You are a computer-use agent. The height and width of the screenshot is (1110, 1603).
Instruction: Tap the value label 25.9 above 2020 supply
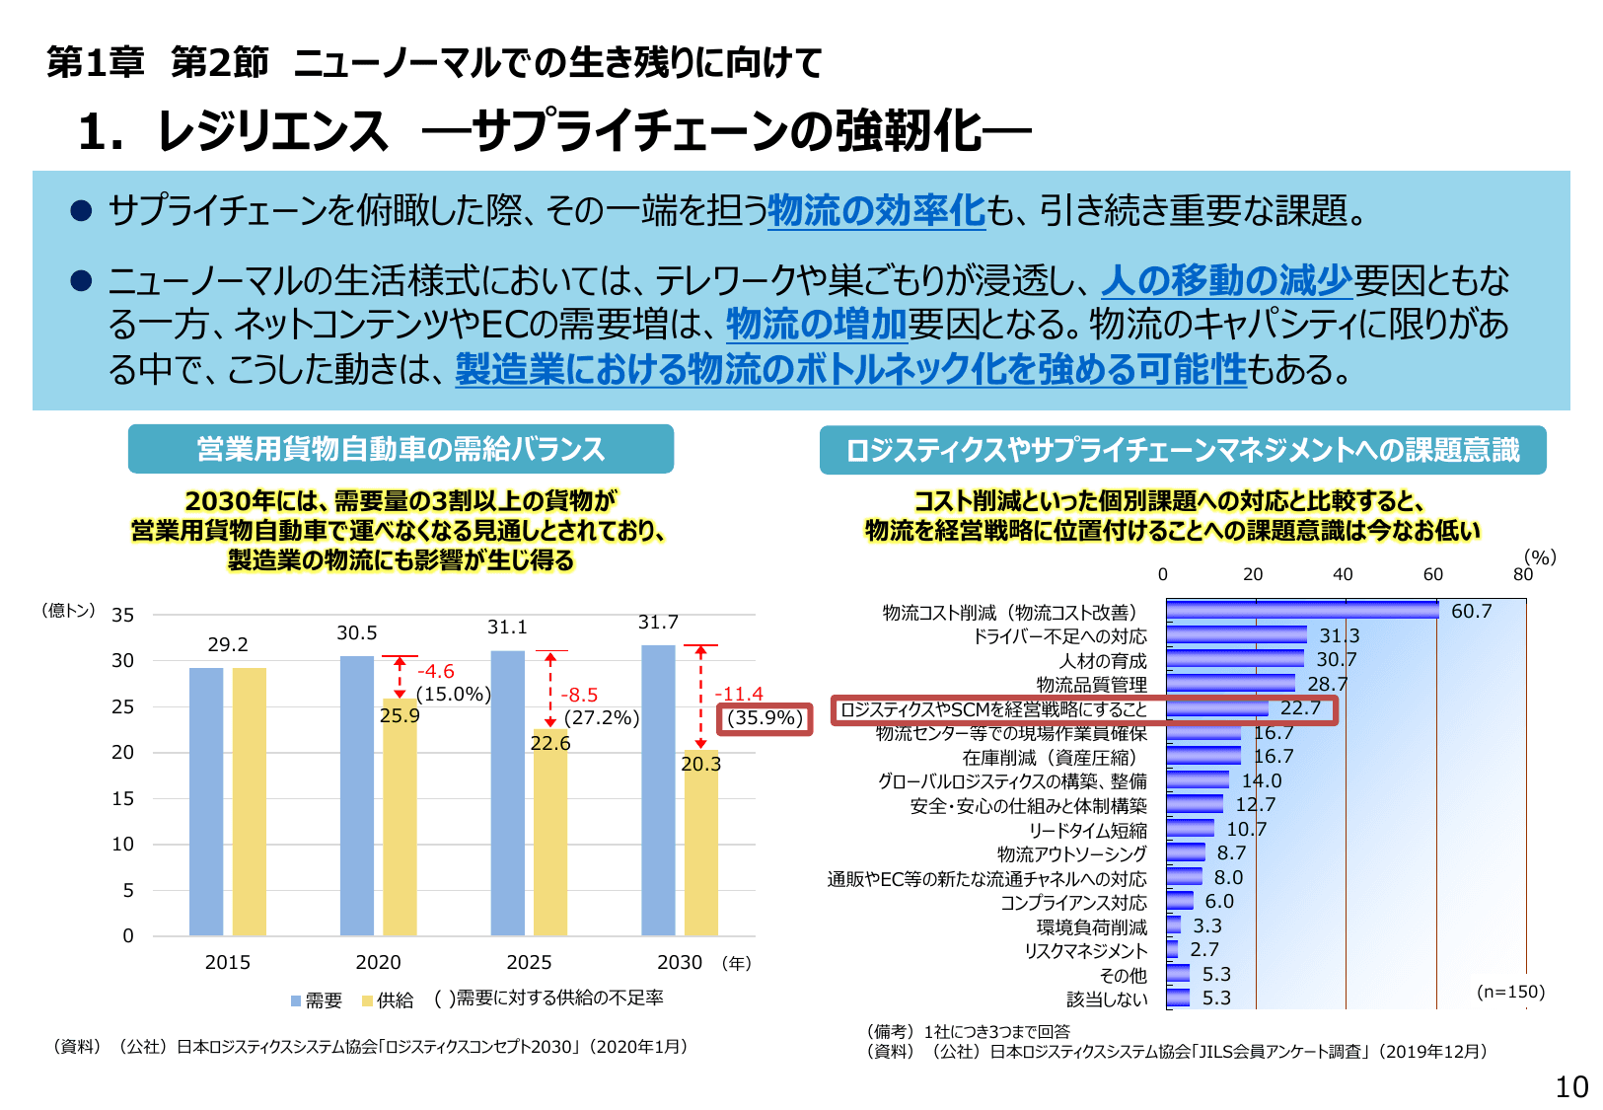400,716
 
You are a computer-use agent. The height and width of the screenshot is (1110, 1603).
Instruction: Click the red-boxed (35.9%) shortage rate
765,718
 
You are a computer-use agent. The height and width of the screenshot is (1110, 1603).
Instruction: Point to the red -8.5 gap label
579,695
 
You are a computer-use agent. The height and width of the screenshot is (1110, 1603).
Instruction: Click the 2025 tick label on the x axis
529,962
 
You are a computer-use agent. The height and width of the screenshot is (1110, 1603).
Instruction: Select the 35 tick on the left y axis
122,616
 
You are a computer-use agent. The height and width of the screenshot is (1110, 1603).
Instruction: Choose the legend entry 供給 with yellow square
387,1000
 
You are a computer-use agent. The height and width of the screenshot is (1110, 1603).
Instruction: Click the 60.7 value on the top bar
1471,612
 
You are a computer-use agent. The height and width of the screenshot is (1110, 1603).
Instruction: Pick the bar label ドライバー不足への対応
1059,636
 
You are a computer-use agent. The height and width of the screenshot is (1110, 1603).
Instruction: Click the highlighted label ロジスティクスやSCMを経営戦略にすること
993,709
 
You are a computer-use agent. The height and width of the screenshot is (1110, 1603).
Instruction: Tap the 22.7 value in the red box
1300,708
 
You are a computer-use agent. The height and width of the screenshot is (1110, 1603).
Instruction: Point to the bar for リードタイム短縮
1191,829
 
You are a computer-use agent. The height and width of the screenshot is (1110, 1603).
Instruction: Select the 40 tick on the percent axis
1343,574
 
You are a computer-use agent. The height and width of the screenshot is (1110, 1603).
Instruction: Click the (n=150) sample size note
1510,992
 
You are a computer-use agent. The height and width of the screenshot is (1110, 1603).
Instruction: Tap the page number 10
1571,1087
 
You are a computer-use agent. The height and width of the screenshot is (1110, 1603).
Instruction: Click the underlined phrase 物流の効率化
876,210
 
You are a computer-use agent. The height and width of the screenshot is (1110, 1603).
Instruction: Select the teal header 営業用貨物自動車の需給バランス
401,449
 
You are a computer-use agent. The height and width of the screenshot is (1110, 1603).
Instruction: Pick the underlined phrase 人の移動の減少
1226,281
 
